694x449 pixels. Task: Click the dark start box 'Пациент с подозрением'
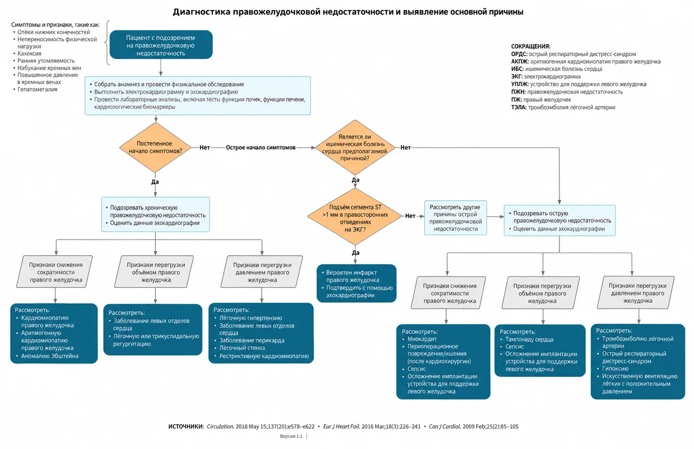point(161,44)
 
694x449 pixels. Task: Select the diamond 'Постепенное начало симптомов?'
point(155,147)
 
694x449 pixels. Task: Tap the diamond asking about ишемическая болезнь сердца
point(355,147)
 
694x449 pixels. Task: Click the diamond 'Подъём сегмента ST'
point(355,217)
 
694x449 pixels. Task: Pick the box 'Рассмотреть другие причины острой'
point(455,218)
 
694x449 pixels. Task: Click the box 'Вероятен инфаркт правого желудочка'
point(356,283)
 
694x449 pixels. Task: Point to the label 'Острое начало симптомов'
point(260,148)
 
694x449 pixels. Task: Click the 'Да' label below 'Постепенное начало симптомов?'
point(155,182)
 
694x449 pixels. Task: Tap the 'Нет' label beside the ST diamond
point(410,216)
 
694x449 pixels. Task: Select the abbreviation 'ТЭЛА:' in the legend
point(519,107)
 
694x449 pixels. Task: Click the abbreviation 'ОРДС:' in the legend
point(519,54)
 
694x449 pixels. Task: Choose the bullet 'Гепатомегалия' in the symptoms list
point(37,89)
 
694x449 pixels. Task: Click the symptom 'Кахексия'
point(29,53)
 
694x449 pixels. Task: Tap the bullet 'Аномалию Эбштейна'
point(49,356)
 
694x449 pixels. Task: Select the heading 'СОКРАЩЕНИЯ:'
point(531,46)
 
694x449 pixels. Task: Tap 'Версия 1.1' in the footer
point(291,436)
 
